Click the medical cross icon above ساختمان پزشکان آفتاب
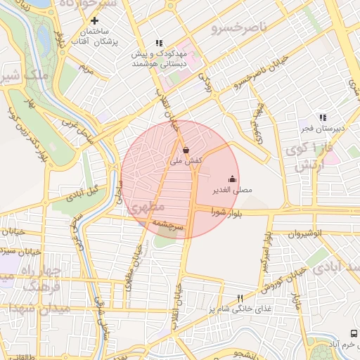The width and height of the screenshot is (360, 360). point(94,21)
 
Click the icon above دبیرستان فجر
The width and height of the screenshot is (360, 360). point(323,117)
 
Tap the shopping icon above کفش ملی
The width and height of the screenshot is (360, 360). point(186,149)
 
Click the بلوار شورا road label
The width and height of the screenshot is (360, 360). point(225,214)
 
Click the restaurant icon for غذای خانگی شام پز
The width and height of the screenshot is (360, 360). point(240,298)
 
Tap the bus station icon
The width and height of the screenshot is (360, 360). point(352,333)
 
